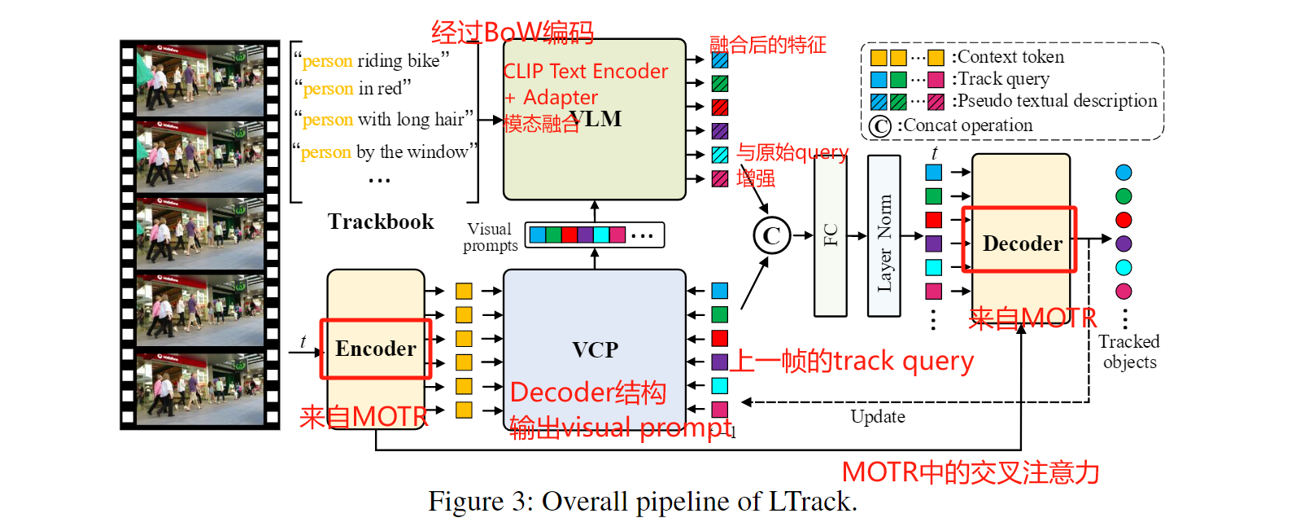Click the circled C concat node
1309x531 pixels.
click(771, 236)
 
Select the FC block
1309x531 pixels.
click(831, 235)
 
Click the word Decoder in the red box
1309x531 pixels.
click(1022, 244)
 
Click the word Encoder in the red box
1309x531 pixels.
click(376, 349)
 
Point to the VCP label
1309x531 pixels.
click(595, 349)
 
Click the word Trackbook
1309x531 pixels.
click(381, 222)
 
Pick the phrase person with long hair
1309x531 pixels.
click(383, 120)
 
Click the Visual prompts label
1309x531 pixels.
click(490, 237)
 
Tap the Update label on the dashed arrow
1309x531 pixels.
click(878, 416)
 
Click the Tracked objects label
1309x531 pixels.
click(1129, 352)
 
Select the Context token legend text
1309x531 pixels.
click(1009, 57)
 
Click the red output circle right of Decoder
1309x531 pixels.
click(1124, 220)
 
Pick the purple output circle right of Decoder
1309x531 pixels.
click(1124, 244)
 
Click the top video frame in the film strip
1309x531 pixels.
click(200, 80)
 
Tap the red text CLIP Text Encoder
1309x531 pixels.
click(586, 72)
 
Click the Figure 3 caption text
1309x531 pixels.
click(643, 501)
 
